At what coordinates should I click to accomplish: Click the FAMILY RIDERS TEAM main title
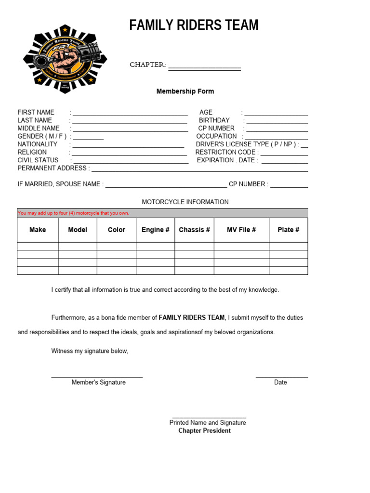click(x=194, y=25)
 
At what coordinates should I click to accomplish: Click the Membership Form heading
click(x=185, y=91)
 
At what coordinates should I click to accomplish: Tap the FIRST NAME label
click(x=36, y=112)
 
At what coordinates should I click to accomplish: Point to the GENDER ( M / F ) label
click(x=42, y=136)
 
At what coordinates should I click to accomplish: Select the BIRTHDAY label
click(x=214, y=120)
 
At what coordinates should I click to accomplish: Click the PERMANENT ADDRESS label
click(x=53, y=168)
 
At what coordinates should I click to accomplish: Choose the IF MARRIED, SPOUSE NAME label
click(x=60, y=184)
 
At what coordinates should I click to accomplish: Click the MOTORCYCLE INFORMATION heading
click(x=185, y=202)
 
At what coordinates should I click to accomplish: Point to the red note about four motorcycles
click(x=73, y=213)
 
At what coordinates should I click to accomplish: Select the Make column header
click(x=38, y=230)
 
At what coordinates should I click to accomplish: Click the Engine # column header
click(x=155, y=230)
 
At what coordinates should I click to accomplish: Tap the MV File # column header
click(x=241, y=230)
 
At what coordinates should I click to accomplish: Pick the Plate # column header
click(x=288, y=230)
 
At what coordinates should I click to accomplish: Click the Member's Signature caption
click(x=98, y=382)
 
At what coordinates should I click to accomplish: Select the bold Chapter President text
click(x=204, y=430)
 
